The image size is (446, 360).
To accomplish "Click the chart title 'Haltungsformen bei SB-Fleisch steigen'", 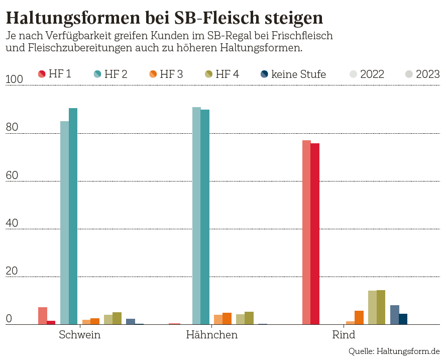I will coord(164,18).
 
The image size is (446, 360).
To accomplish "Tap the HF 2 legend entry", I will coord(110,74).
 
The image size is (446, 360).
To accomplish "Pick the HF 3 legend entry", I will coord(166,74).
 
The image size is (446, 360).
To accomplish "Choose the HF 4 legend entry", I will coord(221,74).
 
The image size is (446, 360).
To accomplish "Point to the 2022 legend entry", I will coord(367,74).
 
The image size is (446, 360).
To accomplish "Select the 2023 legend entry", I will coord(422,74).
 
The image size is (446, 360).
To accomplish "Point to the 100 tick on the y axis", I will coord(15,80).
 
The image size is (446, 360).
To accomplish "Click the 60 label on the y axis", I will coord(12,175).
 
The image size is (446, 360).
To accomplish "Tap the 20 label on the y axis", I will coord(12,271).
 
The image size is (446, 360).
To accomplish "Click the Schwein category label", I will coord(80,335).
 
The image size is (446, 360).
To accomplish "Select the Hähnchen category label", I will coord(211,335).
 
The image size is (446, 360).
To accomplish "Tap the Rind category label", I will coord(344,335).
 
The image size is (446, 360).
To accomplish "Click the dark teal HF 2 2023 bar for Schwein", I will coord(73,216).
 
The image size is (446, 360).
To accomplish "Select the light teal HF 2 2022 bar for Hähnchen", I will coord(196,216).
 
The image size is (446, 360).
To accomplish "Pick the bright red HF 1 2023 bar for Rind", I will coord(315,234).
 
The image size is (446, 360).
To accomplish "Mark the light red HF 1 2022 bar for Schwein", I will coord(43,316).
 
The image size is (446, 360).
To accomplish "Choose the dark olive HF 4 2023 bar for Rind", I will coord(381,307).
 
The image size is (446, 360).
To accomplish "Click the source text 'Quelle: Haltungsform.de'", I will coord(394,350).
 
